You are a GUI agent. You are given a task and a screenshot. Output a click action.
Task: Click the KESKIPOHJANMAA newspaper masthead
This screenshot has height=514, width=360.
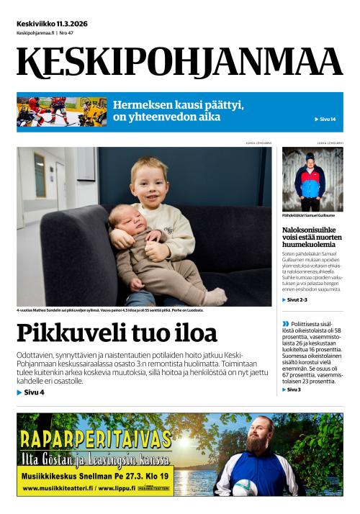[x=180, y=63]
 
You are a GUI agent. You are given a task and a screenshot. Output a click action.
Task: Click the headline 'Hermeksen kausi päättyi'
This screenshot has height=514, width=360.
[x=178, y=105]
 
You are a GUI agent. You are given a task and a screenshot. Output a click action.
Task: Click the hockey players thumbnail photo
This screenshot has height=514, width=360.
[x=62, y=112]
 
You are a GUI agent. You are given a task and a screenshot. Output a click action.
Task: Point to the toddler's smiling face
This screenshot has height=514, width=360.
[x=151, y=182]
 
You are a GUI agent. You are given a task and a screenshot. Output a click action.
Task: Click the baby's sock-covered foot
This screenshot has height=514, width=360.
[x=214, y=296]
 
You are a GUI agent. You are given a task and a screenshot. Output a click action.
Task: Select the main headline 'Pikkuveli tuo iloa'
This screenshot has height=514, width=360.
[x=117, y=334]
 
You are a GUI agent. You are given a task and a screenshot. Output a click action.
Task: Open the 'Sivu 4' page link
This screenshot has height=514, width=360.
[x=31, y=392]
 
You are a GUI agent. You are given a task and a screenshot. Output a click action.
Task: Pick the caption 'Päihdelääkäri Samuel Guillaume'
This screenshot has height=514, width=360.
[x=309, y=215]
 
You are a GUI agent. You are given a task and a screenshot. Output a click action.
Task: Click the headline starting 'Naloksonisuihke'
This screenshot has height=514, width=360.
[x=312, y=236]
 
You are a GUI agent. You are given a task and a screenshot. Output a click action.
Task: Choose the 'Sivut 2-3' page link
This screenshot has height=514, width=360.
[x=295, y=299]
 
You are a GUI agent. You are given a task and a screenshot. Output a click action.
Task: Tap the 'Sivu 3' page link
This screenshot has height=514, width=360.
[x=294, y=389]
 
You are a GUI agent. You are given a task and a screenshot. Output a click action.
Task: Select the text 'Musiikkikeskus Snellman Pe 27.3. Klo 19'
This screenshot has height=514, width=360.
[x=93, y=476]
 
